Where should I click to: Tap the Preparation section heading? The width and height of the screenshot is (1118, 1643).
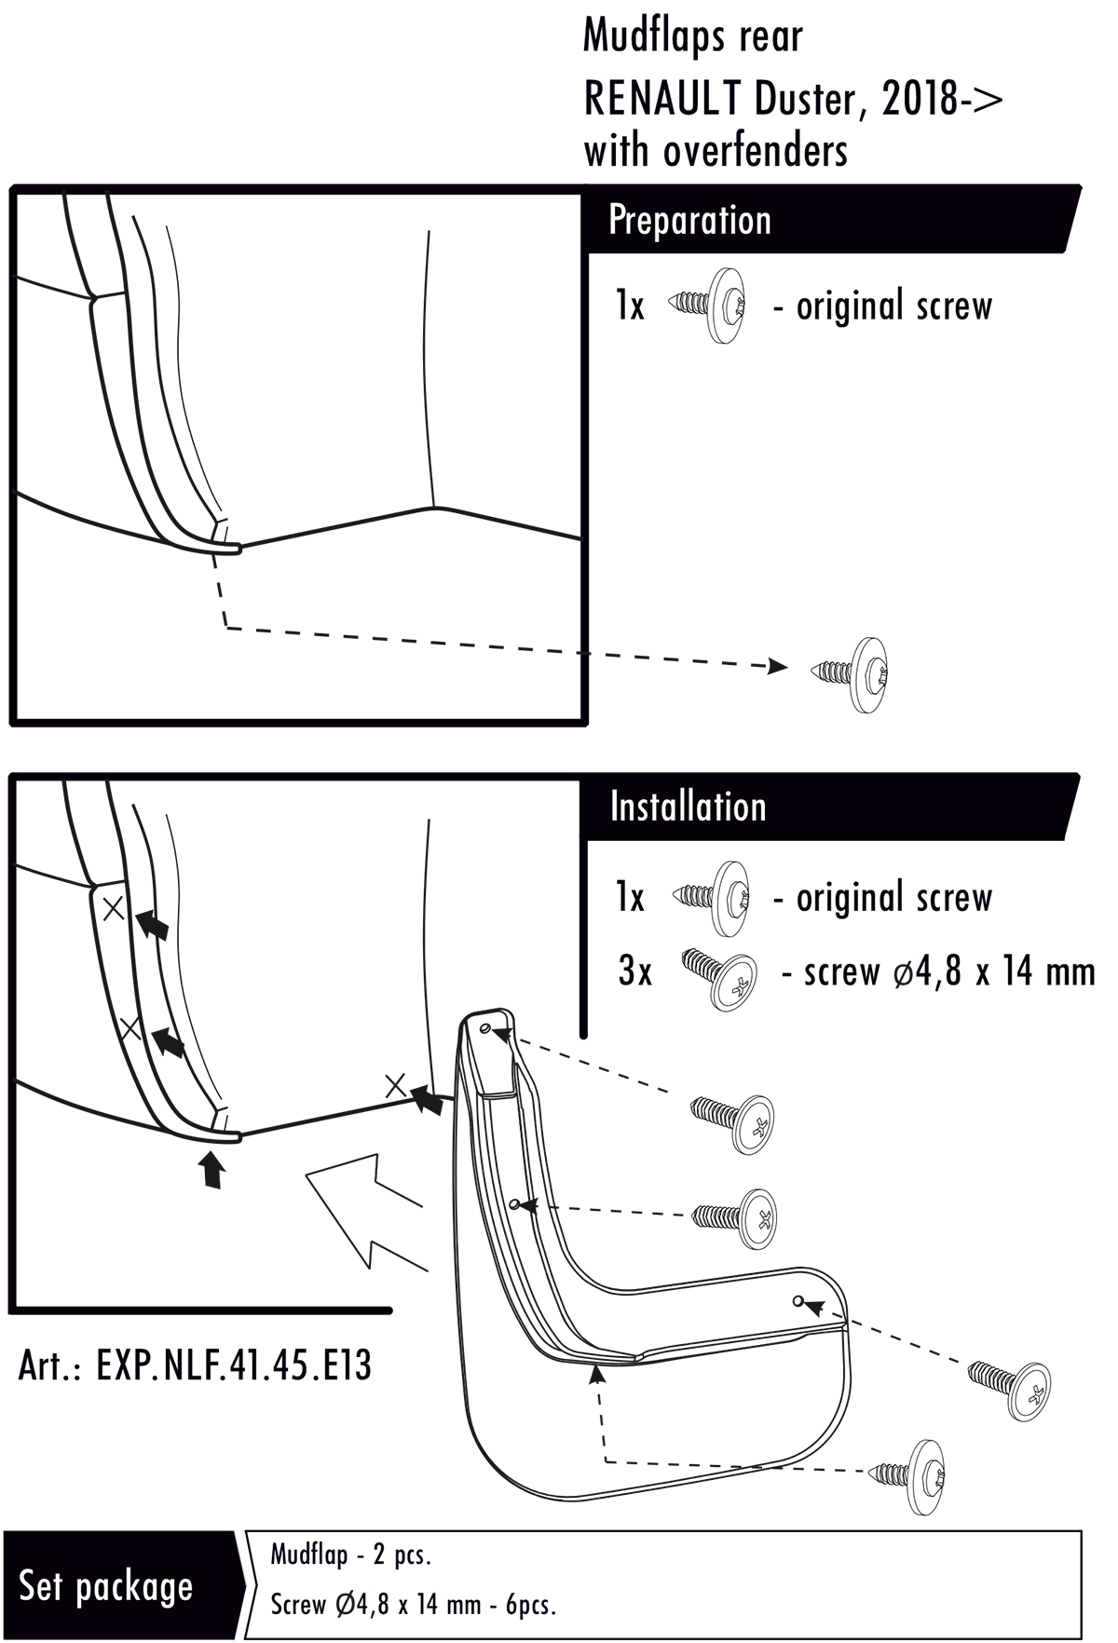[x=689, y=221]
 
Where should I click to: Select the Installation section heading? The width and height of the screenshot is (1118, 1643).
[x=688, y=807]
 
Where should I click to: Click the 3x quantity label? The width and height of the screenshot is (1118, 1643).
[x=635, y=971]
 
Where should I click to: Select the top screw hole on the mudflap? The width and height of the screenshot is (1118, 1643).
[x=486, y=1027]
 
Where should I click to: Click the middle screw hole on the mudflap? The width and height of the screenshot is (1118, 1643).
[x=515, y=1203]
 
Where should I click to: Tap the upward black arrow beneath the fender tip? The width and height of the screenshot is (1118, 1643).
[x=213, y=1170]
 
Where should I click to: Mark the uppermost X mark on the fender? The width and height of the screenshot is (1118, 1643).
[x=113, y=908]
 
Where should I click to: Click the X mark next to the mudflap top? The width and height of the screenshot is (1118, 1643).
[x=396, y=1085]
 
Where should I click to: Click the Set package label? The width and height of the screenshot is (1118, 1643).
[x=105, y=1586]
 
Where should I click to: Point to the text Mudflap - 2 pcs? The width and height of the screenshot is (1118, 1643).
[x=350, y=1555]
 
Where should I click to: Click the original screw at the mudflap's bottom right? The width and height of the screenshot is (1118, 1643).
[x=907, y=1475]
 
